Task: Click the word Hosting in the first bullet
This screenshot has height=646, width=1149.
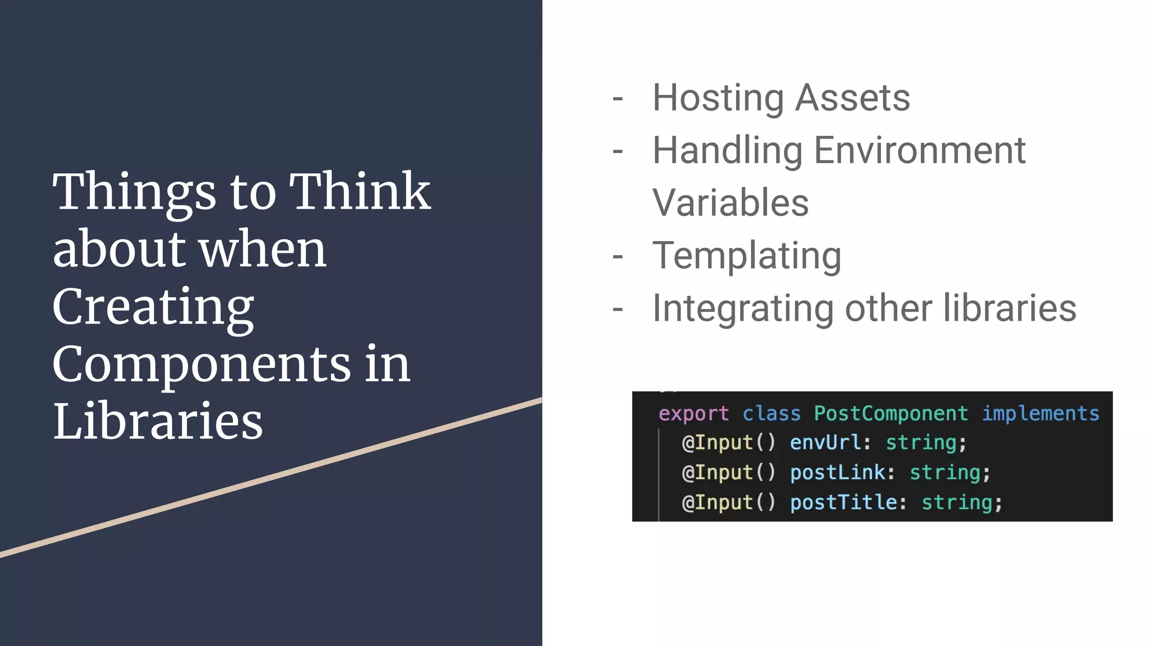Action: [x=718, y=99]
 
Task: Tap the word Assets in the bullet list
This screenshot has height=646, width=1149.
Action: [x=853, y=99]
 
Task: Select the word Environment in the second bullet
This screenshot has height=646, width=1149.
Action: [x=920, y=151]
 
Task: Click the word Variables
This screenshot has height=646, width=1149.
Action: [x=730, y=203]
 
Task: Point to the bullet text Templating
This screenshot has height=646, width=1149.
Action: [x=747, y=256]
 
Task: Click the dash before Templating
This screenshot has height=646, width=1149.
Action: [x=618, y=257]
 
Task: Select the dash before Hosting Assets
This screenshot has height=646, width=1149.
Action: [x=618, y=99]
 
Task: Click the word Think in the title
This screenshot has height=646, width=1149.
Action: [x=359, y=192]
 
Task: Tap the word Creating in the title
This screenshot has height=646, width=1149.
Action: [x=153, y=307]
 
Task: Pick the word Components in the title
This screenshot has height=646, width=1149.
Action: [x=201, y=364]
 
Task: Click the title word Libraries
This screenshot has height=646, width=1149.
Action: [x=158, y=422]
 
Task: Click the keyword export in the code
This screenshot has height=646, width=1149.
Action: [x=693, y=414]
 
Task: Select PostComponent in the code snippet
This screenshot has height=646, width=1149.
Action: [x=890, y=414]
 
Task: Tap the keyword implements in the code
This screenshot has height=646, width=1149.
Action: [x=1040, y=414]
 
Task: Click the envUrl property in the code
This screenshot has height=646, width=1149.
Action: [x=825, y=443]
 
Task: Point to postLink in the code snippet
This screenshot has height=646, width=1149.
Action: [x=837, y=473]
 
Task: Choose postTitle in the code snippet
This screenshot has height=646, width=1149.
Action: [x=843, y=502]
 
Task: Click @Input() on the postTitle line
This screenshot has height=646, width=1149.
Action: [x=728, y=502]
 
